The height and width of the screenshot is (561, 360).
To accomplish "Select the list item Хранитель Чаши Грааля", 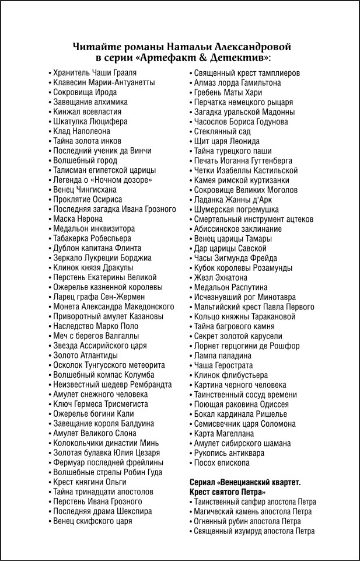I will coord(95,72).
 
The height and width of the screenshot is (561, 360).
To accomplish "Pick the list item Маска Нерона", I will coord(78,219).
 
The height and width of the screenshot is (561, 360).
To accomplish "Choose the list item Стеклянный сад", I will coord(222,131).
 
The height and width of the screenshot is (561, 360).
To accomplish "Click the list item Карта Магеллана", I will coord(224,434).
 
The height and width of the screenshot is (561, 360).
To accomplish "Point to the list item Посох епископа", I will coord(222,463).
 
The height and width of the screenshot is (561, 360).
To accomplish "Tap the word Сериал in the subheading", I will coord(203,483).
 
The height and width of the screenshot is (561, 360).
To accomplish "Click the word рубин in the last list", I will coord(245,521).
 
